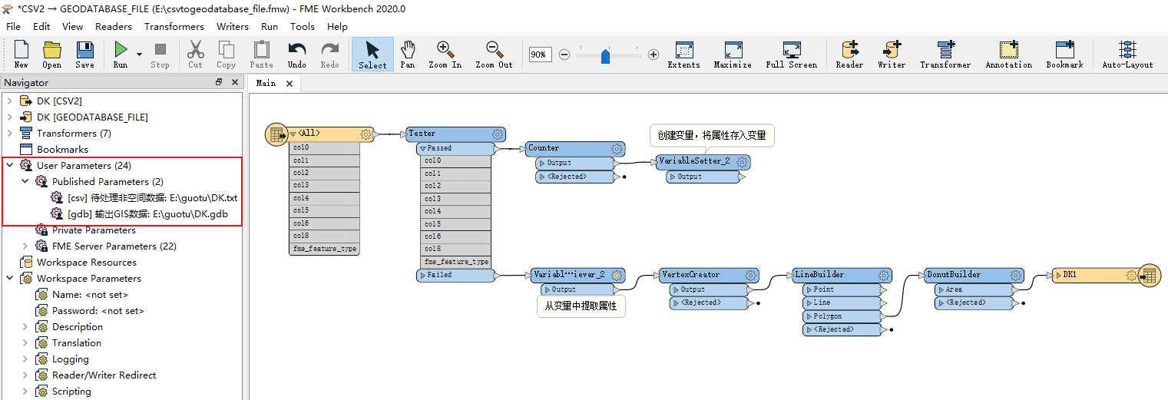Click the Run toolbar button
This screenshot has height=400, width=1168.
pyautogui.click(x=121, y=55)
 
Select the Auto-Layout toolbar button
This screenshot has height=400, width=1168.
pyautogui.click(x=1127, y=55)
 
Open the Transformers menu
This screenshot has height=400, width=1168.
pyautogui.click(x=174, y=27)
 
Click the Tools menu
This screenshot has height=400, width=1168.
pyautogui.click(x=303, y=27)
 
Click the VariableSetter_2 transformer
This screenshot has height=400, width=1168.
pyautogui.click(x=703, y=162)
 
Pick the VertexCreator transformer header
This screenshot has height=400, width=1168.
pyautogui.click(x=709, y=275)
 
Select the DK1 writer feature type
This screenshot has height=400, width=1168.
pyautogui.click(x=1095, y=275)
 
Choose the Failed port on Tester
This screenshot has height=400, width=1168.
pyautogui.click(x=455, y=275)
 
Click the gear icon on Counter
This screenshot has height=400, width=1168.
pyautogui.click(x=617, y=149)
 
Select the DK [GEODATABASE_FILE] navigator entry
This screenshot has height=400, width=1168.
pyautogui.click(x=92, y=117)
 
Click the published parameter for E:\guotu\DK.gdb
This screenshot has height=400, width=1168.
pyautogui.click(x=147, y=214)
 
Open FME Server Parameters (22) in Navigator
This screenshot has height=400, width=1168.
pyautogui.click(x=114, y=246)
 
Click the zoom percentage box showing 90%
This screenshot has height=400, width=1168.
pyautogui.click(x=540, y=55)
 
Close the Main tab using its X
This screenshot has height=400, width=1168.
pyautogui.click(x=290, y=84)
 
